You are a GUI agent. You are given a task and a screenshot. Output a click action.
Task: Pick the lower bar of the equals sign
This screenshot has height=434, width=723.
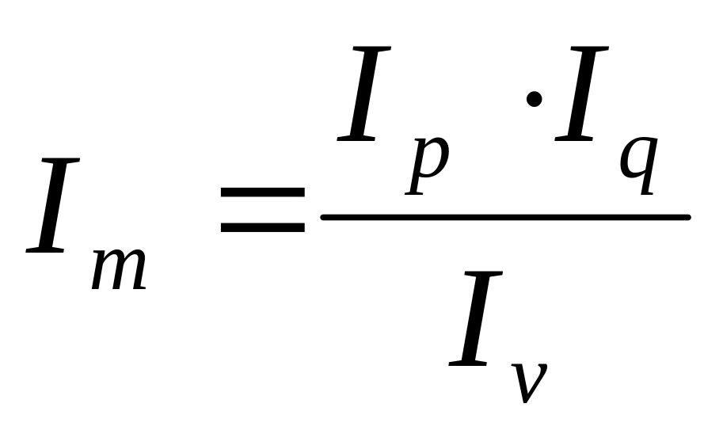262,227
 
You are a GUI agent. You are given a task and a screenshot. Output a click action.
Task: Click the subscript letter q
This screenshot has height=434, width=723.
638,163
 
